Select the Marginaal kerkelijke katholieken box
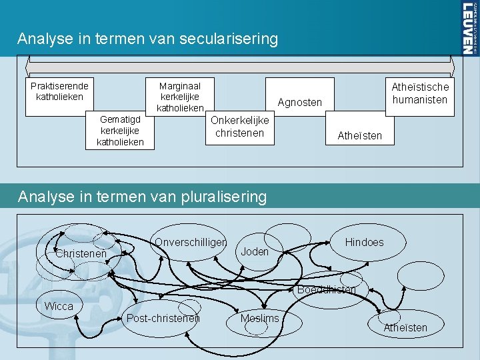click(x=180, y=96)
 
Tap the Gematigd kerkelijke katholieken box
click(x=120, y=130)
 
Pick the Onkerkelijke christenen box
click(x=239, y=126)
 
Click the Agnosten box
click(x=299, y=102)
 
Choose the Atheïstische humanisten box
click(x=420, y=93)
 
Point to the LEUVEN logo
click(x=468, y=27)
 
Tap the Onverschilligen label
click(x=191, y=241)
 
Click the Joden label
click(x=254, y=251)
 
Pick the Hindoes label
click(x=364, y=242)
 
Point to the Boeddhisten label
click(x=326, y=290)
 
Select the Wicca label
click(x=59, y=306)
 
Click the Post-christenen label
click(x=163, y=318)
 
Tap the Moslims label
click(x=260, y=318)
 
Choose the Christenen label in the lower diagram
click(x=81, y=254)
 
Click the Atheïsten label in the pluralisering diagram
click(x=405, y=327)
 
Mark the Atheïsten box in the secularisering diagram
click(x=360, y=135)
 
